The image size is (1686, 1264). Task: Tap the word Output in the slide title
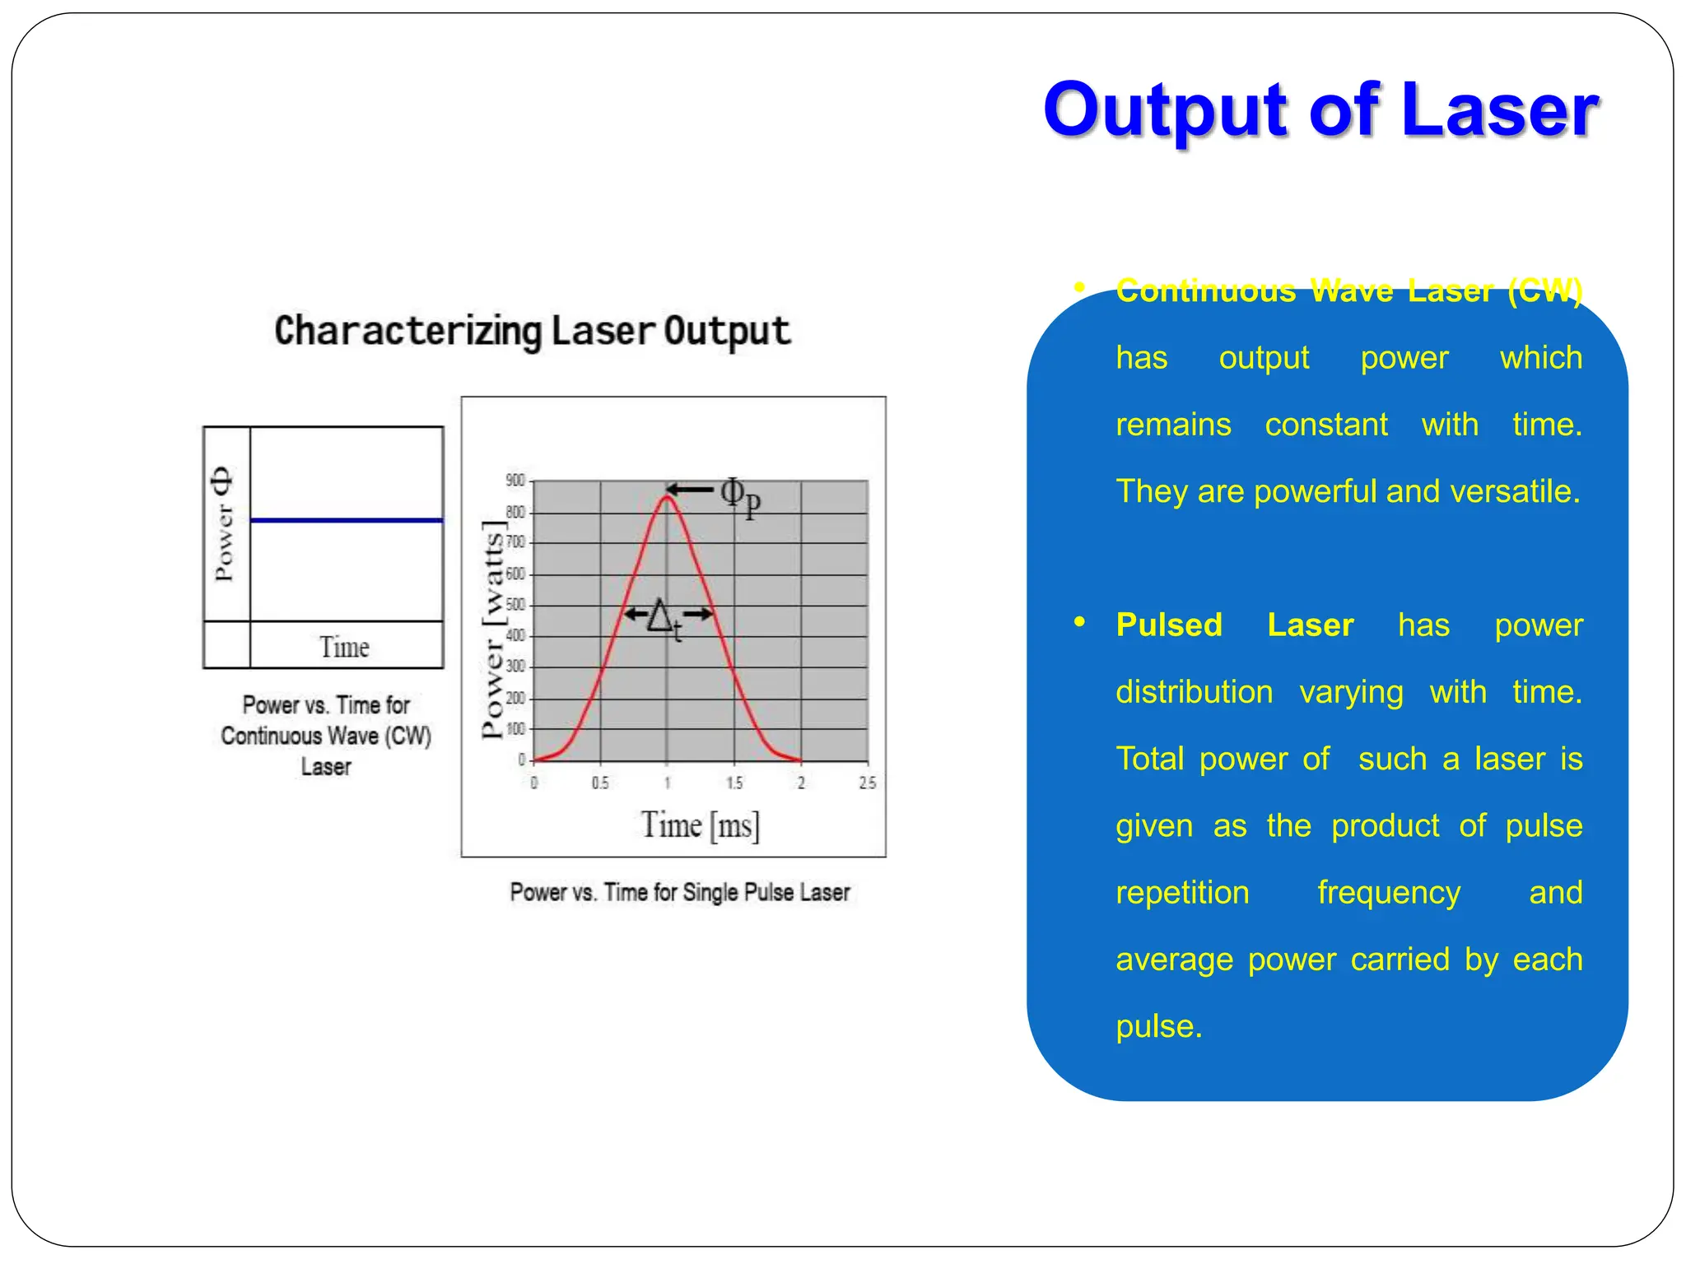coord(1166,112)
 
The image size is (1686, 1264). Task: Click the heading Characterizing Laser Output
coord(532,331)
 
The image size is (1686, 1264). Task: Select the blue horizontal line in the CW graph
coord(346,520)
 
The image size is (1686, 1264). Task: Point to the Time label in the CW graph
coord(344,648)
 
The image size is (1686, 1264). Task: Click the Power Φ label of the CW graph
coord(223,523)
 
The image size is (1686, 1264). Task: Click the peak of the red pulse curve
coord(667,496)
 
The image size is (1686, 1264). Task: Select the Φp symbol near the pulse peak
coord(740,497)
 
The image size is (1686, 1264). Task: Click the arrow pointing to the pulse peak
coord(690,490)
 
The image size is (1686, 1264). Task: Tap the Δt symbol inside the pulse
coord(664,617)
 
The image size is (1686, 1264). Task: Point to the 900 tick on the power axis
coord(515,481)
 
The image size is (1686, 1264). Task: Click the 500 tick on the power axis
coord(515,605)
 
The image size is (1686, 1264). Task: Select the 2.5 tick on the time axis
coord(867,783)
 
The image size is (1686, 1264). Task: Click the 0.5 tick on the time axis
coord(600,783)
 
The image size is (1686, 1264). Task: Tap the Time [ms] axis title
coord(700,825)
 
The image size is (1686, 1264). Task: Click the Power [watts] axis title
coord(492,630)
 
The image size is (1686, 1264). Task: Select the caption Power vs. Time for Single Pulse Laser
coord(679,893)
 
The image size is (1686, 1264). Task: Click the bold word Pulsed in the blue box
coord(1169,625)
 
